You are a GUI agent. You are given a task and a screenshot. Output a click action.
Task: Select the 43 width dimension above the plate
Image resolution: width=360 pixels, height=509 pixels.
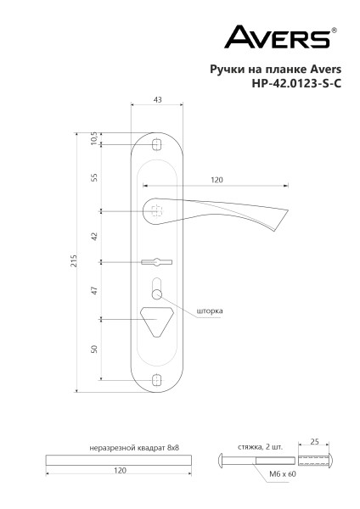(157, 99)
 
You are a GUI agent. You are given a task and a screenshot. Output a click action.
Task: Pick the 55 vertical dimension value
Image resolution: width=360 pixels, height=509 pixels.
(94, 177)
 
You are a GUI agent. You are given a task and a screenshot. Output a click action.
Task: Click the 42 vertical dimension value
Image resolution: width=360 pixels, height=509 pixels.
(94, 236)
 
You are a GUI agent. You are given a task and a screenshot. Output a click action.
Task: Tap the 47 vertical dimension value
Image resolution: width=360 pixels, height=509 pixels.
(94, 290)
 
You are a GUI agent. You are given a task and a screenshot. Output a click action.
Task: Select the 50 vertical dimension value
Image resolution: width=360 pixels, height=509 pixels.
(94, 349)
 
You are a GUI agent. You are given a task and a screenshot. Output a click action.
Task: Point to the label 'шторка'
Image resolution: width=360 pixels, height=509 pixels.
(210, 310)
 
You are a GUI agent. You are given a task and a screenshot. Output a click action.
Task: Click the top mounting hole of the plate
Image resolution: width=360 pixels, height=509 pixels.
(156, 146)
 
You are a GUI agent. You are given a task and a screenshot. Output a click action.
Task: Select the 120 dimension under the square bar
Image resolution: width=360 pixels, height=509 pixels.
(119, 469)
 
